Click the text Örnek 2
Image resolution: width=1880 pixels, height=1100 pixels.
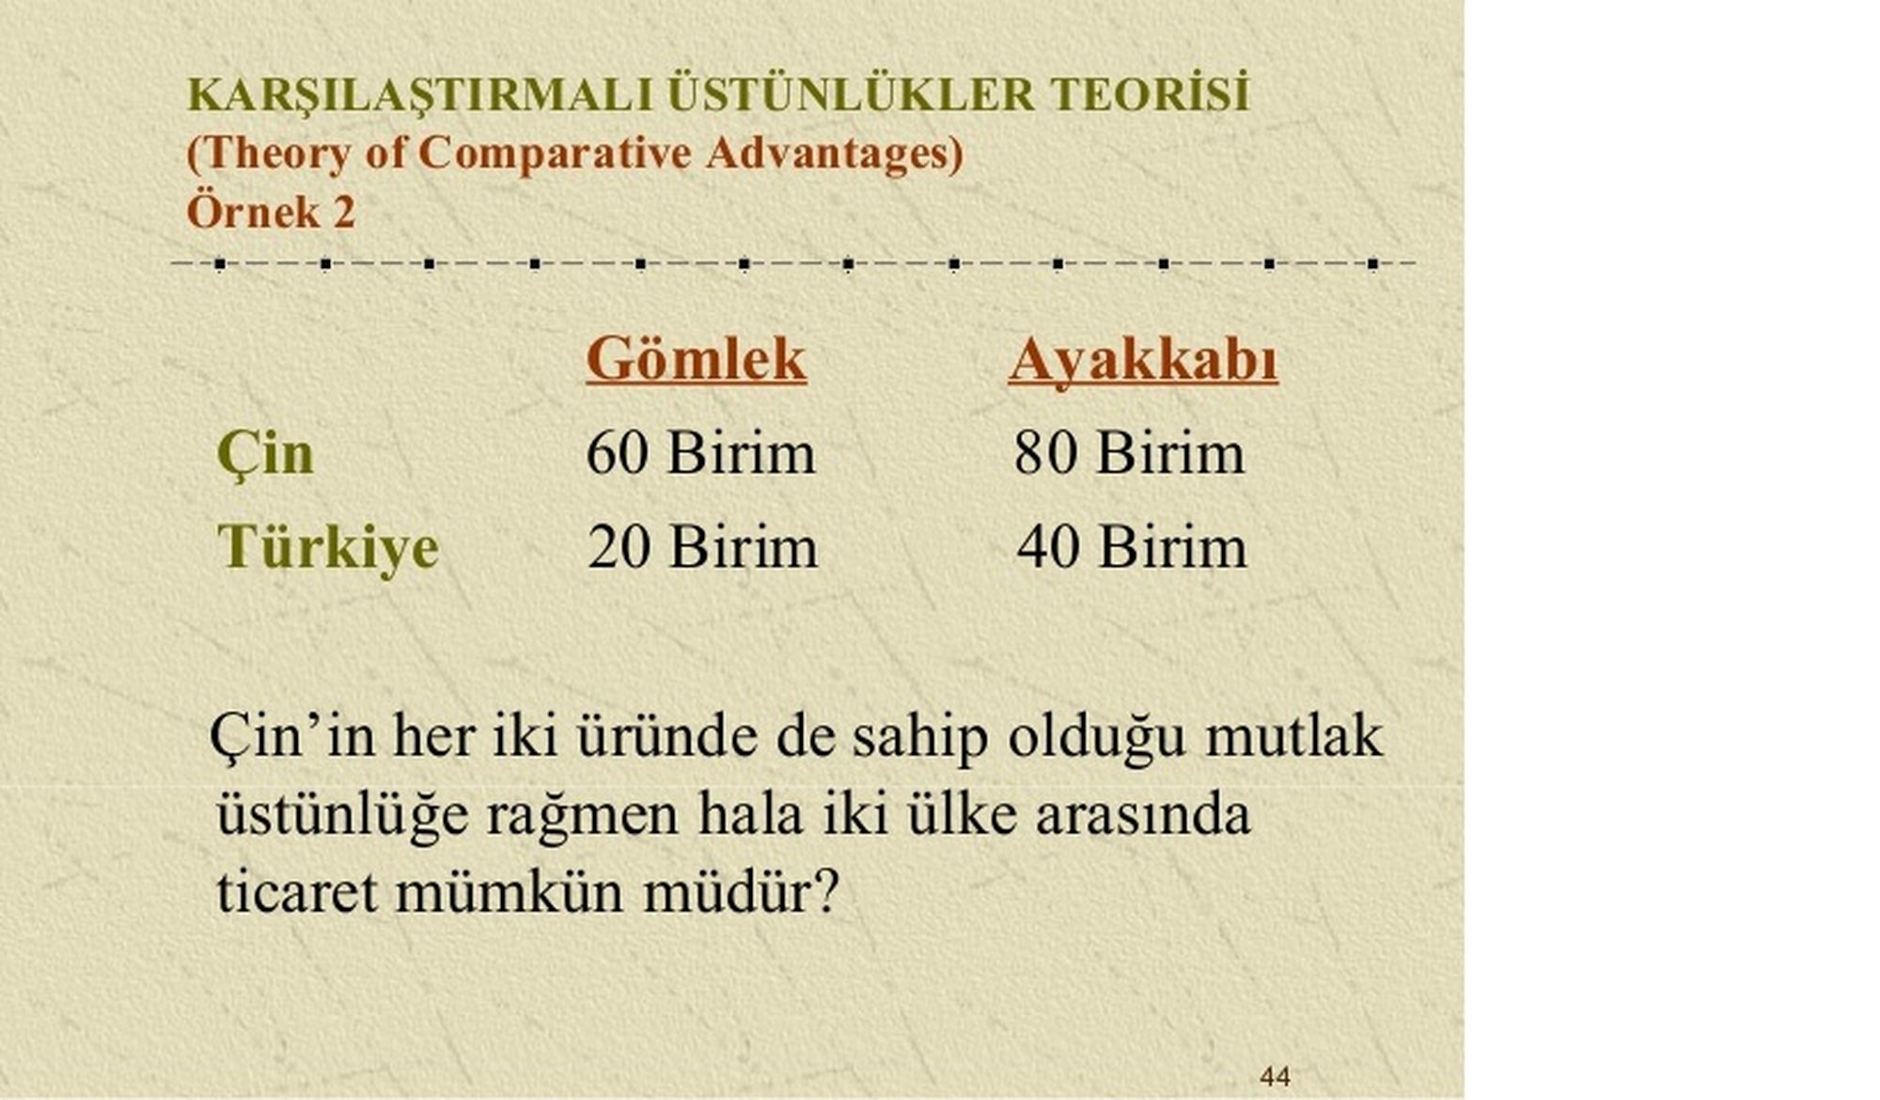tap(271, 212)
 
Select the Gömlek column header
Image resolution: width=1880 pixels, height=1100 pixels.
tap(697, 359)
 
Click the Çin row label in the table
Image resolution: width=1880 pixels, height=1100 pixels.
tap(265, 454)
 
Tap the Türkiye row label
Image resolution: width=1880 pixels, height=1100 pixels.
tap(328, 547)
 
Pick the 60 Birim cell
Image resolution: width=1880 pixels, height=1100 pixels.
tap(700, 453)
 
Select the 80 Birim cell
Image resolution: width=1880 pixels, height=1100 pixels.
tap(1129, 453)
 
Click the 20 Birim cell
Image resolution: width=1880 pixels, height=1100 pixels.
tap(702, 546)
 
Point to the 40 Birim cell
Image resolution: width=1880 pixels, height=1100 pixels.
tap(1132, 546)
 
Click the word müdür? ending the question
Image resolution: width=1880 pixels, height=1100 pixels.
tap(740, 890)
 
